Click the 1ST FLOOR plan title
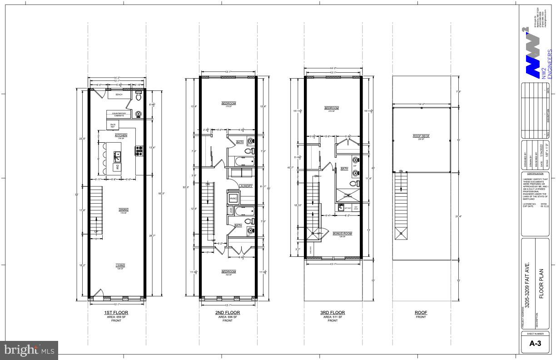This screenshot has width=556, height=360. point(116,313)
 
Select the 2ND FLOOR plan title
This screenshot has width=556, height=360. point(228,313)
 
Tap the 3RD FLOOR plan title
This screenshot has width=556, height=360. point(333,313)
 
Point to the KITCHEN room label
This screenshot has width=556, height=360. point(121,135)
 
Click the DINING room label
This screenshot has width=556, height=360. point(124,210)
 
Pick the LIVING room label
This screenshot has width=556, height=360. point(120,265)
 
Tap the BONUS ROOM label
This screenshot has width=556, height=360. point(342,233)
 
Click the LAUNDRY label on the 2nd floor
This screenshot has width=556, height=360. point(246,186)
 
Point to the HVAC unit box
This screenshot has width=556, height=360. point(233,199)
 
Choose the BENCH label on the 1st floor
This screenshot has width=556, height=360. point(119,95)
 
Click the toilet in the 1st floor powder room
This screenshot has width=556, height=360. point(139,97)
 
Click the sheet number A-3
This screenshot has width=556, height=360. point(537,344)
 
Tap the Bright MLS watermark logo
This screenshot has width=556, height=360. point(29,350)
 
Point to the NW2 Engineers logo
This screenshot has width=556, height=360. point(536,50)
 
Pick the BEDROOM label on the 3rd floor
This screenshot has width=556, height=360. point(332,108)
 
